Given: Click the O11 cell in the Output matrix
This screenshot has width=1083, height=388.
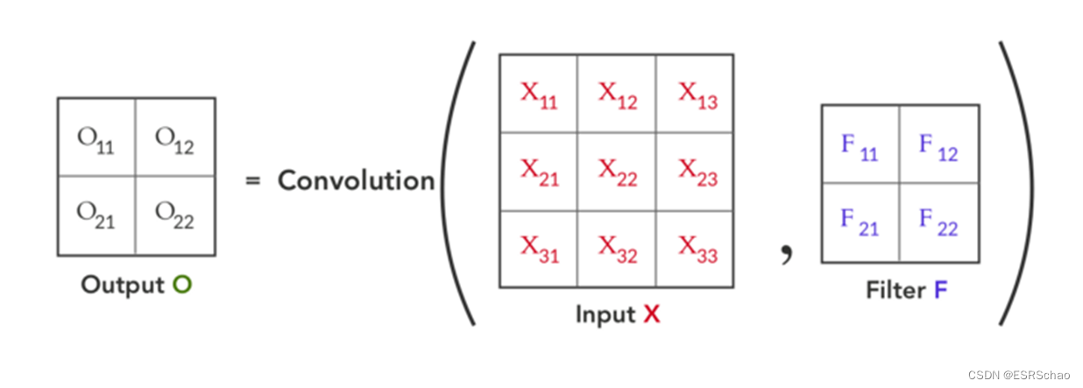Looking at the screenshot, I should pyautogui.click(x=96, y=138).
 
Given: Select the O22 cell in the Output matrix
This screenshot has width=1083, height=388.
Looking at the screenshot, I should pyautogui.click(x=175, y=215).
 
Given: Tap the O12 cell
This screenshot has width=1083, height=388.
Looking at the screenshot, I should pyautogui.click(x=175, y=138).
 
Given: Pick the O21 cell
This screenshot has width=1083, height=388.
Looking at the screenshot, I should pyautogui.click(x=96, y=215).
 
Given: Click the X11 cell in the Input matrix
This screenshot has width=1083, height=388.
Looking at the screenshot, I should pyautogui.click(x=539, y=95).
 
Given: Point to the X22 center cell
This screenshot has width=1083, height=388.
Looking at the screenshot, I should pyautogui.click(x=617, y=172).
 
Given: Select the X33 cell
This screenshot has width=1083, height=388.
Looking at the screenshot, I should pyautogui.click(x=695, y=249).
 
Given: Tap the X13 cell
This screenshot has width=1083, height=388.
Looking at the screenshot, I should pyautogui.click(x=695, y=95).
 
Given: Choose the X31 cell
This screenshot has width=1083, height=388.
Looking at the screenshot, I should pyautogui.click(x=539, y=249).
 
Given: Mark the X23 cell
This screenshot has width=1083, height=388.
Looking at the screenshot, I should pyautogui.click(x=695, y=172).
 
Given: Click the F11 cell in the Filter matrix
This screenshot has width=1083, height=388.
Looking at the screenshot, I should pyautogui.click(x=860, y=145).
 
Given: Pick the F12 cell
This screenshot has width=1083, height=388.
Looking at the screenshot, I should pyautogui.click(x=939, y=145).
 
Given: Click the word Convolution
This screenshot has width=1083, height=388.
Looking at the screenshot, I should pyautogui.click(x=357, y=180).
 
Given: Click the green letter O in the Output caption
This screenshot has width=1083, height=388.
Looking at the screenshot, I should pyautogui.click(x=182, y=285).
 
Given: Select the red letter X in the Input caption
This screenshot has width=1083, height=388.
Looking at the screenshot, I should pyautogui.click(x=651, y=314).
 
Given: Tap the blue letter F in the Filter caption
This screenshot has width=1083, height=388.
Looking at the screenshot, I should pyautogui.click(x=940, y=290).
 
